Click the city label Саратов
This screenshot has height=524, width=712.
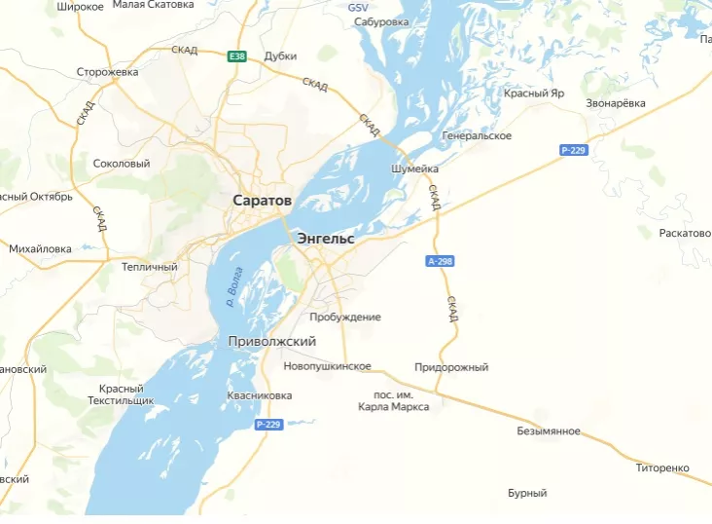tap(262, 200)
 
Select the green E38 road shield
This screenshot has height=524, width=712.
tap(237, 56)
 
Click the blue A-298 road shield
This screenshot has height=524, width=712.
tap(440, 261)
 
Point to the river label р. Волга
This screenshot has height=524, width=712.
tap(233, 290)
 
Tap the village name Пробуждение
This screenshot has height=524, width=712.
tap(344, 317)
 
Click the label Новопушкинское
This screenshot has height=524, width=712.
tap(327, 366)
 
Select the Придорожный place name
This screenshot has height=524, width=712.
tap(451, 367)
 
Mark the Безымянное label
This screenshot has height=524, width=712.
tap(549, 430)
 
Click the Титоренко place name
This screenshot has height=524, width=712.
tap(662, 468)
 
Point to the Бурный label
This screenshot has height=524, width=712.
tap(527, 493)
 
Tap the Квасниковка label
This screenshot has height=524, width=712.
tap(259, 395)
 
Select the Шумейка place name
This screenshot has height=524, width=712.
tap(414, 168)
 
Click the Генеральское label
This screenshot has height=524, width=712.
tap(477, 135)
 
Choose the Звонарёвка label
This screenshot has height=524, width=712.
tap(616, 103)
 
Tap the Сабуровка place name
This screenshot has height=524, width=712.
tap(381, 21)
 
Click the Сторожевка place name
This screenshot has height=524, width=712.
tap(108, 71)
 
